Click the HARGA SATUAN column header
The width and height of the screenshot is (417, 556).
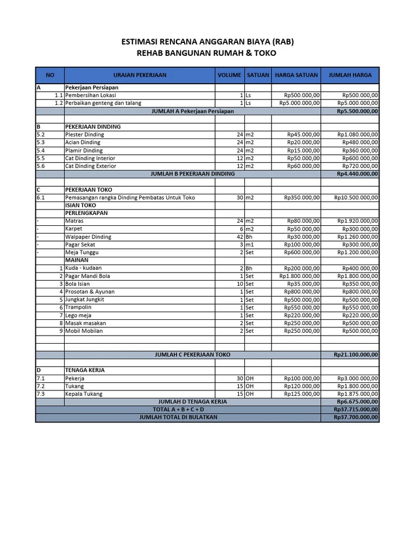point(296,75)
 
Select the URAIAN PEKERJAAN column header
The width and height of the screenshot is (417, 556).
point(140,75)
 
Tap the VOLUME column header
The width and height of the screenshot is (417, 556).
point(229,75)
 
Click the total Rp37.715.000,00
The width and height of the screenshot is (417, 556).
point(356,409)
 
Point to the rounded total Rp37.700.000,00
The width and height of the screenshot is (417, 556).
point(356,418)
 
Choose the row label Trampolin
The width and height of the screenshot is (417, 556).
point(78,307)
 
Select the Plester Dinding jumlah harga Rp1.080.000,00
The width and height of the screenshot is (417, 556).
point(358,134)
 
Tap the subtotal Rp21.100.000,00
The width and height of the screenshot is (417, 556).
point(356,355)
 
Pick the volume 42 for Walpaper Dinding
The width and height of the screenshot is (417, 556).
point(239,237)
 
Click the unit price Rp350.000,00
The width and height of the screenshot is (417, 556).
point(302,198)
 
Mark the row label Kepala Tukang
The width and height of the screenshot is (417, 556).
point(84,394)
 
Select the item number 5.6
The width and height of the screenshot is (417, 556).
point(41,166)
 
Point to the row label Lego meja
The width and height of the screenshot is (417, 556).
point(78,315)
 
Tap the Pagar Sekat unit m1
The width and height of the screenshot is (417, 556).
point(250,245)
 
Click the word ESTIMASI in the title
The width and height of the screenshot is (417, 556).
point(143,42)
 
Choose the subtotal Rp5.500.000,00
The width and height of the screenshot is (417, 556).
point(357,111)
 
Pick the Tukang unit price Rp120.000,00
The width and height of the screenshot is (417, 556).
point(302,386)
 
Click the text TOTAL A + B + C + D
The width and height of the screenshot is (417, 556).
point(179,409)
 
